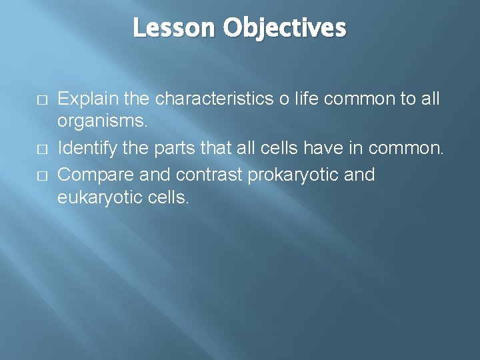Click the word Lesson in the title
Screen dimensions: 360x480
pos(175,28)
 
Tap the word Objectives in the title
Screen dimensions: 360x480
pos(285,28)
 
